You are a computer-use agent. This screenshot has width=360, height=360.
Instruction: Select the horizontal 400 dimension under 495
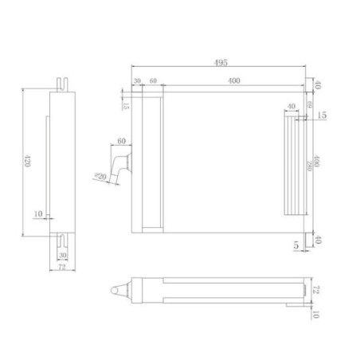click(x=233, y=81)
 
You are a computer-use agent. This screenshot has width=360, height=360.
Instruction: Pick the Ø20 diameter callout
click(x=100, y=177)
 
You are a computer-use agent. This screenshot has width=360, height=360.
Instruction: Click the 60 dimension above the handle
click(x=122, y=141)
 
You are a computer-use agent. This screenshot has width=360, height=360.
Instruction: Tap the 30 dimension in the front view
click(x=137, y=81)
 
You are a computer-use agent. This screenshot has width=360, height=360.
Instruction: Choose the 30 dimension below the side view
click(x=62, y=254)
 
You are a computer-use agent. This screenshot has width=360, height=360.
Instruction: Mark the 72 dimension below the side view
click(x=62, y=269)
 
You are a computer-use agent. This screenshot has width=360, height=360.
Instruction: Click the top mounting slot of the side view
click(x=62, y=83)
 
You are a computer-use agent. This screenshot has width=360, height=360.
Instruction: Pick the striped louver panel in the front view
click(x=294, y=163)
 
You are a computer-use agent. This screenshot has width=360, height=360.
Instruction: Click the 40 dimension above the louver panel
click(x=290, y=106)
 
